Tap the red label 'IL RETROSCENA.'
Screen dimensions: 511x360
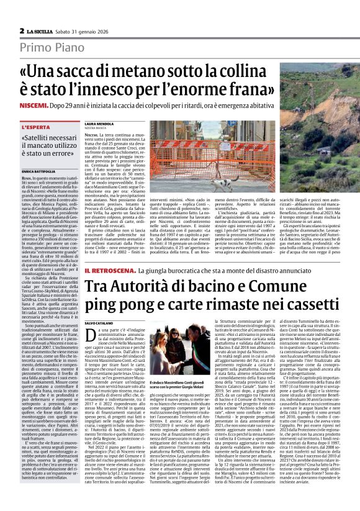click(x=109, y=271)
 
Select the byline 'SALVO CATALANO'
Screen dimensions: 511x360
click(x=101, y=323)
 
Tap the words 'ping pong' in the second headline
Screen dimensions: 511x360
click(x=117, y=305)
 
